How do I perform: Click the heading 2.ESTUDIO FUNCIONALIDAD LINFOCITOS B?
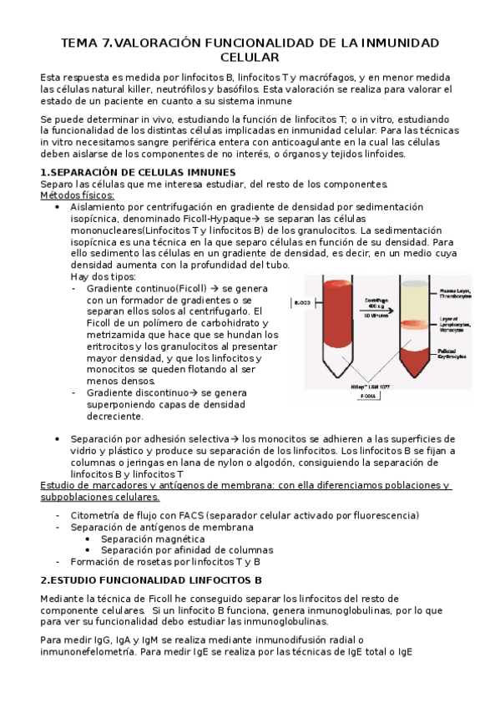pyautogui.click(x=151, y=579)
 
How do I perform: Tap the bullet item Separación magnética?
pyautogui.click(x=154, y=539)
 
